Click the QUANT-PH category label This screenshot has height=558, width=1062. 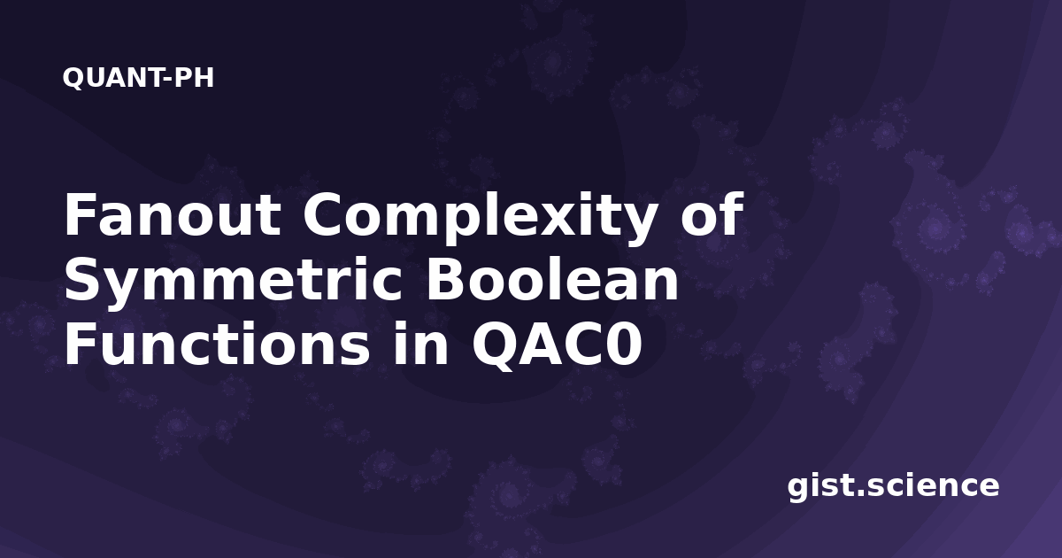click(138, 78)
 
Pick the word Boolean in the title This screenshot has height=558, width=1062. click(553, 280)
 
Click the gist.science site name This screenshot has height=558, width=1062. click(893, 486)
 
